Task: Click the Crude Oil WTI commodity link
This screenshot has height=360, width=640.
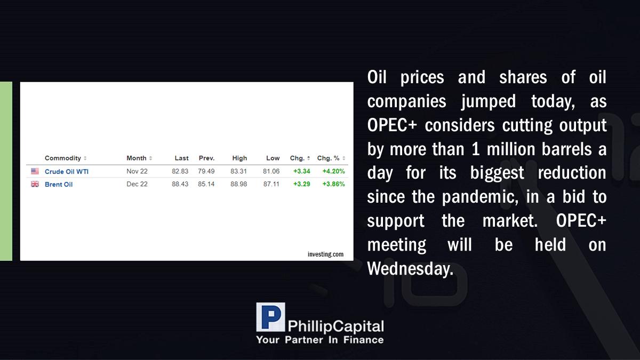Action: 67,171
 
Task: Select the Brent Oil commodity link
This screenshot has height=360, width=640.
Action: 59,185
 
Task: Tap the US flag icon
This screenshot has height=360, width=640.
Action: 35,171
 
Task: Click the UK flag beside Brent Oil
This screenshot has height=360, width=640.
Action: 35,184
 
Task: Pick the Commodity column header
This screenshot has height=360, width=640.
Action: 63,158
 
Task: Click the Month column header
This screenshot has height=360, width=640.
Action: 137,158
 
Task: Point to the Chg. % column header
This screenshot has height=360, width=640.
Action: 329,158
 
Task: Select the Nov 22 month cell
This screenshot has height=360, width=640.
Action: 137,171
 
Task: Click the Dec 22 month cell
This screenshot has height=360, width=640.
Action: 137,184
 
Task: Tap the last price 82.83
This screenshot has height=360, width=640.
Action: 180,171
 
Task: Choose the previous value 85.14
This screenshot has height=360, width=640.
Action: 206,184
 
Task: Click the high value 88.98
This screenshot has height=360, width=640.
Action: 238,184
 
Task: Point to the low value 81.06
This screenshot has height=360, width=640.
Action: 271,171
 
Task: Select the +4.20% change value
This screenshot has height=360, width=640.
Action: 333,171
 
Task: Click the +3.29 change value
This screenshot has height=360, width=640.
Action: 302,184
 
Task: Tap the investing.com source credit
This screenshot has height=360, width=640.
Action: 325,254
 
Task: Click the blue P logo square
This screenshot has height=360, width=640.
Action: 270,317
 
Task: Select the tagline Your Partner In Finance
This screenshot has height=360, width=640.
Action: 319,340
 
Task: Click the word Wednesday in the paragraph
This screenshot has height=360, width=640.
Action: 410,269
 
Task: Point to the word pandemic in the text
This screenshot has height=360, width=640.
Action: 480,197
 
